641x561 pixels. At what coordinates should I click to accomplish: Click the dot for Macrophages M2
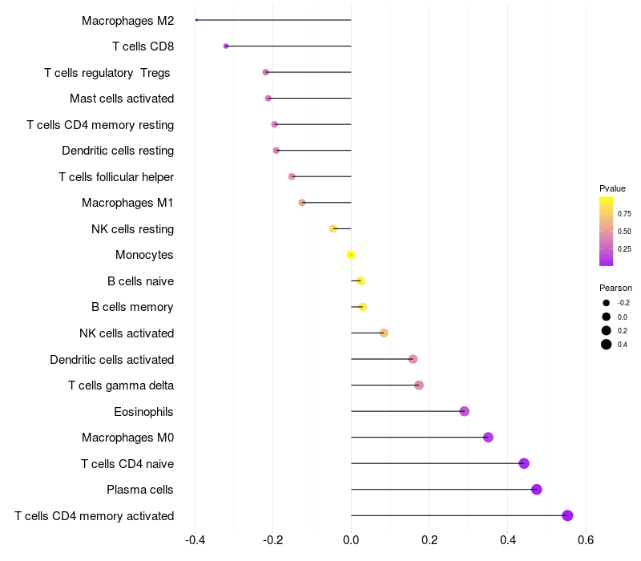tap(196, 20)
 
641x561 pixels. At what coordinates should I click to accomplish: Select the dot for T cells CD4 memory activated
tap(567, 515)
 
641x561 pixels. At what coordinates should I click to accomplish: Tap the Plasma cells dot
tap(536, 490)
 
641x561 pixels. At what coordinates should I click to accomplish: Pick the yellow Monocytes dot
tap(350, 255)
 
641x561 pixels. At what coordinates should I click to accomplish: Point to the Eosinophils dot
tap(464, 411)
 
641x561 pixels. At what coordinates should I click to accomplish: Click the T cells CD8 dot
tap(226, 46)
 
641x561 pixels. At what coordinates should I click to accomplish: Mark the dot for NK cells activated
tap(384, 333)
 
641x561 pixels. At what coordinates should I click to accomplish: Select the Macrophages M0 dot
tap(488, 438)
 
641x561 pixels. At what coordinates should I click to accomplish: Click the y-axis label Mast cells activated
tap(122, 99)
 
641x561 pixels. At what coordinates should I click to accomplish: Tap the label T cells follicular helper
tap(116, 177)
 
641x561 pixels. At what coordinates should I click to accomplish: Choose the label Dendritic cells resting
tap(118, 151)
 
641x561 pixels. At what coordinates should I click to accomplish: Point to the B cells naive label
tap(140, 281)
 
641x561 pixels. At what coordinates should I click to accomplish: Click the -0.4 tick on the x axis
tap(195, 538)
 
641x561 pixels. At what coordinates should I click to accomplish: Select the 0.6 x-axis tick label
tap(586, 538)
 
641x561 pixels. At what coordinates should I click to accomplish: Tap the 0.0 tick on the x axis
tap(351, 538)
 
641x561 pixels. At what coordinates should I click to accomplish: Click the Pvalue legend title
tap(612, 188)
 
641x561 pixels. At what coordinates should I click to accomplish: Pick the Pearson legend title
tap(615, 288)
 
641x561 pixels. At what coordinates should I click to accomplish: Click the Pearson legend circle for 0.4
tap(607, 345)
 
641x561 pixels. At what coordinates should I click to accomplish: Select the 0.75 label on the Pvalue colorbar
tap(623, 214)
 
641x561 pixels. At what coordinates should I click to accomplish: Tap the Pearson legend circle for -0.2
tap(607, 303)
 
